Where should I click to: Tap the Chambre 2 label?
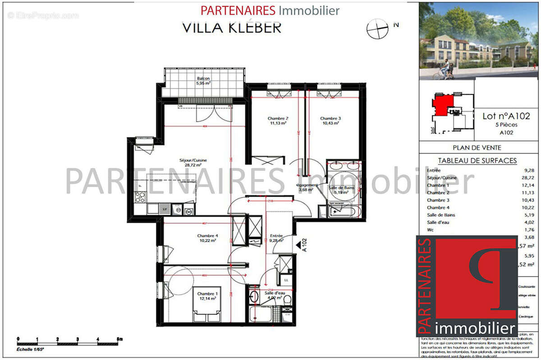[279, 121]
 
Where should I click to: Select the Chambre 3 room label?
[330, 121]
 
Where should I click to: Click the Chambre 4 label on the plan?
[207, 238]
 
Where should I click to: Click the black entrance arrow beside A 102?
[299, 246]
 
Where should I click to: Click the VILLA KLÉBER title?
[232, 27]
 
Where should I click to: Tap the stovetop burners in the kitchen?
[140, 196]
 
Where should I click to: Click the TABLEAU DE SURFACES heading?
[477, 160]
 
